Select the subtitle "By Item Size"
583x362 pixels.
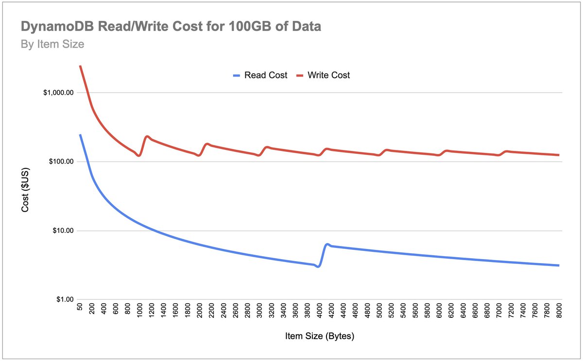click(x=52, y=45)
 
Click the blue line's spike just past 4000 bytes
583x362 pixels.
click(x=327, y=244)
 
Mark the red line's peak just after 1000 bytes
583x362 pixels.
click(x=147, y=136)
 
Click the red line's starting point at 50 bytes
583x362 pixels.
click(x=80, y=66)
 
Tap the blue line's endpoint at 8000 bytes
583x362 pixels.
click(x=559, y=265)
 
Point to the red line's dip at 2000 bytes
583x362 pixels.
click(x=199, y=155)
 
